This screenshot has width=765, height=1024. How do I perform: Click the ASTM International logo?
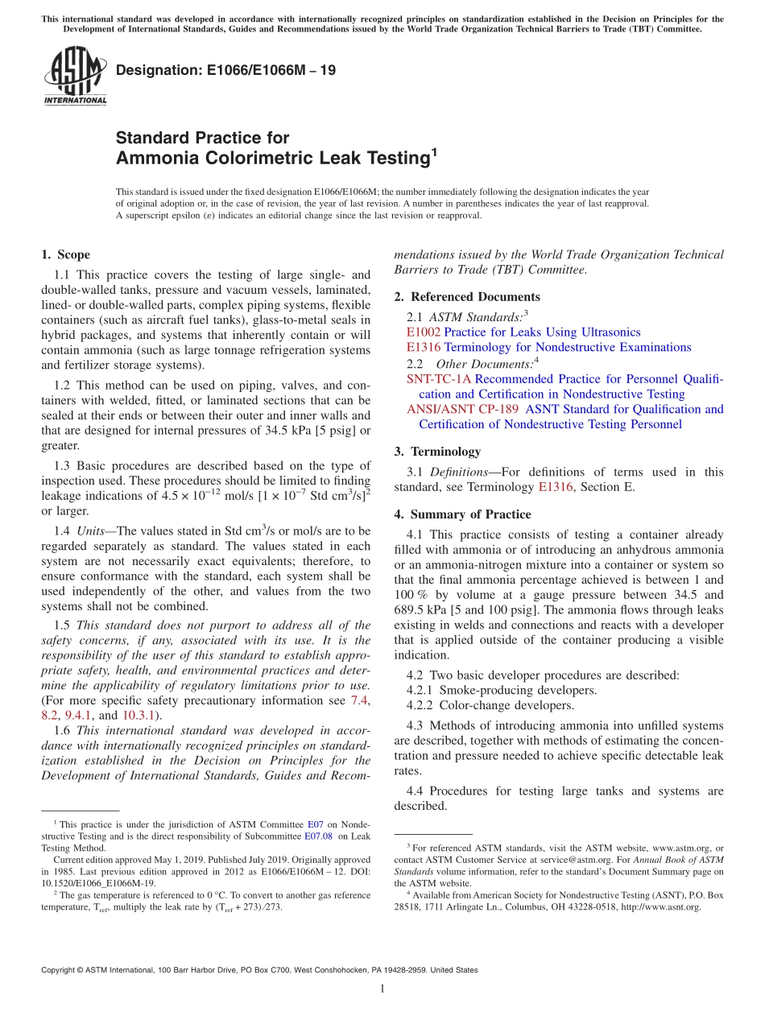tap(74, 76)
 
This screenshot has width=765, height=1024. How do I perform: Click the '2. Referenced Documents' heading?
tap(467, 297)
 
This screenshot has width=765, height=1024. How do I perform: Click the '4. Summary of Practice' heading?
tap(462, 514)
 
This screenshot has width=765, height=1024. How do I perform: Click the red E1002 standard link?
tap(424, 332)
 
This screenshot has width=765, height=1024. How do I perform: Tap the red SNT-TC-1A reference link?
tap(439, 378)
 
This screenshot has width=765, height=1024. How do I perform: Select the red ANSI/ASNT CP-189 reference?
tap(462, 409)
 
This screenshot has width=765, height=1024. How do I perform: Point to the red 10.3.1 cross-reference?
tap(139, 715)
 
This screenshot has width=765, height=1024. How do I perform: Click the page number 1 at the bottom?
tap(382, 989)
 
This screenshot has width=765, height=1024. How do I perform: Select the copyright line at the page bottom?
tap(258, 970)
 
